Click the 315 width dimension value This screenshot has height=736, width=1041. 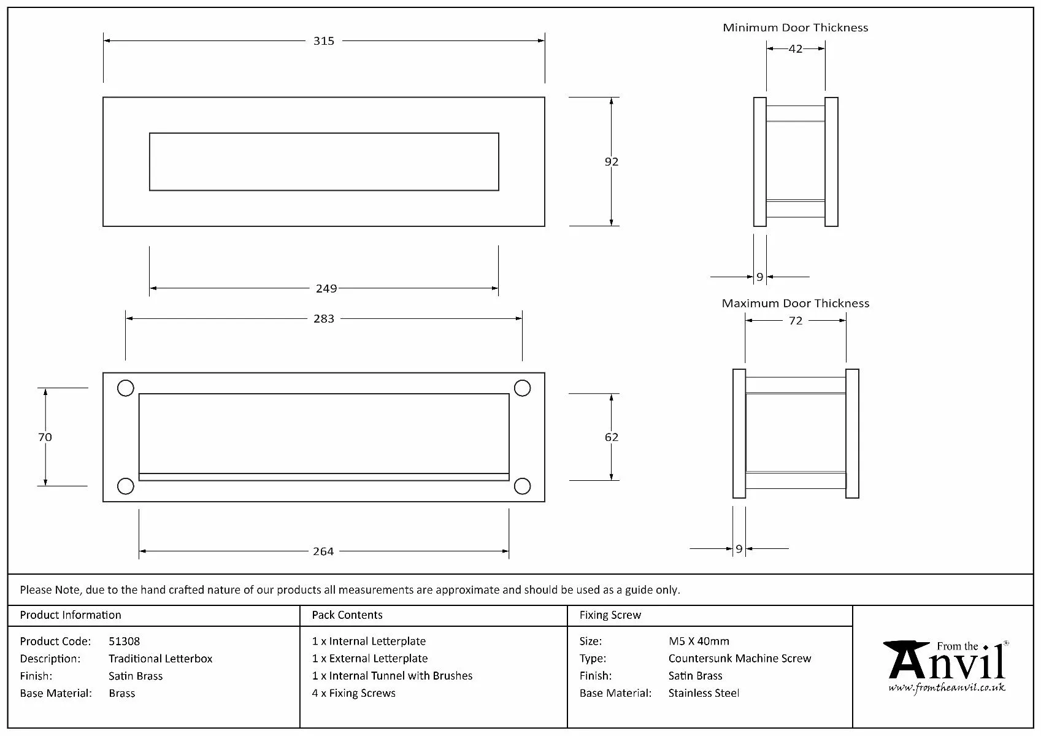pos(324,41)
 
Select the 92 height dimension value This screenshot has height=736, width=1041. pos(612,162)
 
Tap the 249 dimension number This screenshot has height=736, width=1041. pos(326,288)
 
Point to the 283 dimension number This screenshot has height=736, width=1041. pos(324,319)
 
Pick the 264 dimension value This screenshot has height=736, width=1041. pos(323,551)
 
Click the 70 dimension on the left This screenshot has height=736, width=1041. pos(45,437)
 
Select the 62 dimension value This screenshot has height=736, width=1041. pos(612,437)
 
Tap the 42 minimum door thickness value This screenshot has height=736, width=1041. pos(796,49)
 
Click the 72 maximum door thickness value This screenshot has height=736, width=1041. pos(796,321)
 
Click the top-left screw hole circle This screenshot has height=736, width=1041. pos(126,388)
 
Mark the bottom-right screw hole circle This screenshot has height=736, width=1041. pos(522,486)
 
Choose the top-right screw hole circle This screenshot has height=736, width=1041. pos(522,388)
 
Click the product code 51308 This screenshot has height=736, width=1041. pos(124,642)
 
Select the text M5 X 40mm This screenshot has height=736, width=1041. pos(699,642)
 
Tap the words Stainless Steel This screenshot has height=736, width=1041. pos(704,693)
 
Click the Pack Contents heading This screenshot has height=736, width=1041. pos(347,615)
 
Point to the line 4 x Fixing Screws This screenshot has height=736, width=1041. pos(354,693)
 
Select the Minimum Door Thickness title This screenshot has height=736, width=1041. pos(795,28)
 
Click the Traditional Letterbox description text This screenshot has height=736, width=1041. pos(160,659)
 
